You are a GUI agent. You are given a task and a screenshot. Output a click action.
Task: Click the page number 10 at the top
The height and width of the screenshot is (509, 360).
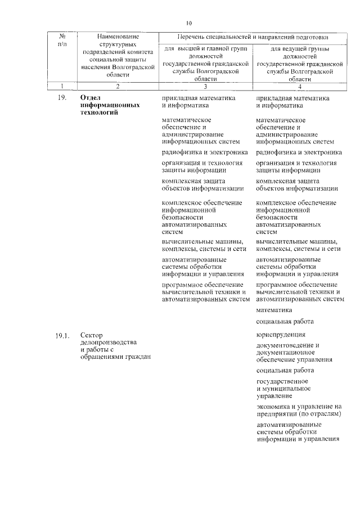point(188,23)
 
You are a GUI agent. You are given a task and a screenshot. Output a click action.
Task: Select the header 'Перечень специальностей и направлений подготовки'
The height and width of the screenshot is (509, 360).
point(253,37)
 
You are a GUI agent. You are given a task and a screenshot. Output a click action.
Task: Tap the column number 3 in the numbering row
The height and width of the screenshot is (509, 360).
point(205,86)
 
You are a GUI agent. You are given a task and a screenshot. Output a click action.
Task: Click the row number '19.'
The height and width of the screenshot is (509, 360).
point(62,98)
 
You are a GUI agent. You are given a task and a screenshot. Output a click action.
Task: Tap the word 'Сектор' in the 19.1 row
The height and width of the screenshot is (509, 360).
point(92,336)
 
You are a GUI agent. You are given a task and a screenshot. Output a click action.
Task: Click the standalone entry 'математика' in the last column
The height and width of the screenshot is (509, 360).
point(274,310)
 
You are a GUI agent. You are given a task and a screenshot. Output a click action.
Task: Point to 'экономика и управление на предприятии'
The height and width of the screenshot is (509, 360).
point(299,410)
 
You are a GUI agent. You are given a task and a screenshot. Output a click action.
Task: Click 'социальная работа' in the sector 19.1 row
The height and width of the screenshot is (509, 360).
point(285,370)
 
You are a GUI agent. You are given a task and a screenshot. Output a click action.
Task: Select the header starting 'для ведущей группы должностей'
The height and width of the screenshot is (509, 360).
point(299,64)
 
